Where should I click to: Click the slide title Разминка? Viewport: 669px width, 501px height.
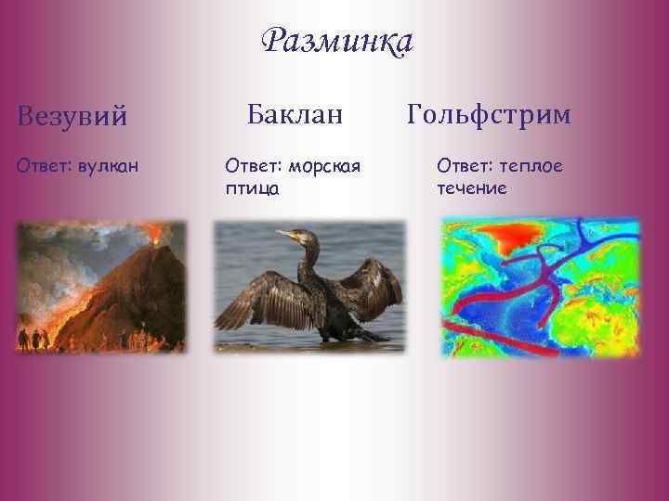[337, 42]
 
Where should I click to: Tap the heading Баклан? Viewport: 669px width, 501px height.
[295, 114]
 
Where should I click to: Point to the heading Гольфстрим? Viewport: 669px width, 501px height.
[489, 114]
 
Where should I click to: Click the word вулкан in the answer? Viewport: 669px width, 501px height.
[109, 166]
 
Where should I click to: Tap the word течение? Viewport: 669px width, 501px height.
[471, 188]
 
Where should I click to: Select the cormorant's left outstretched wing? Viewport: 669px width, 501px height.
[256, 297]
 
